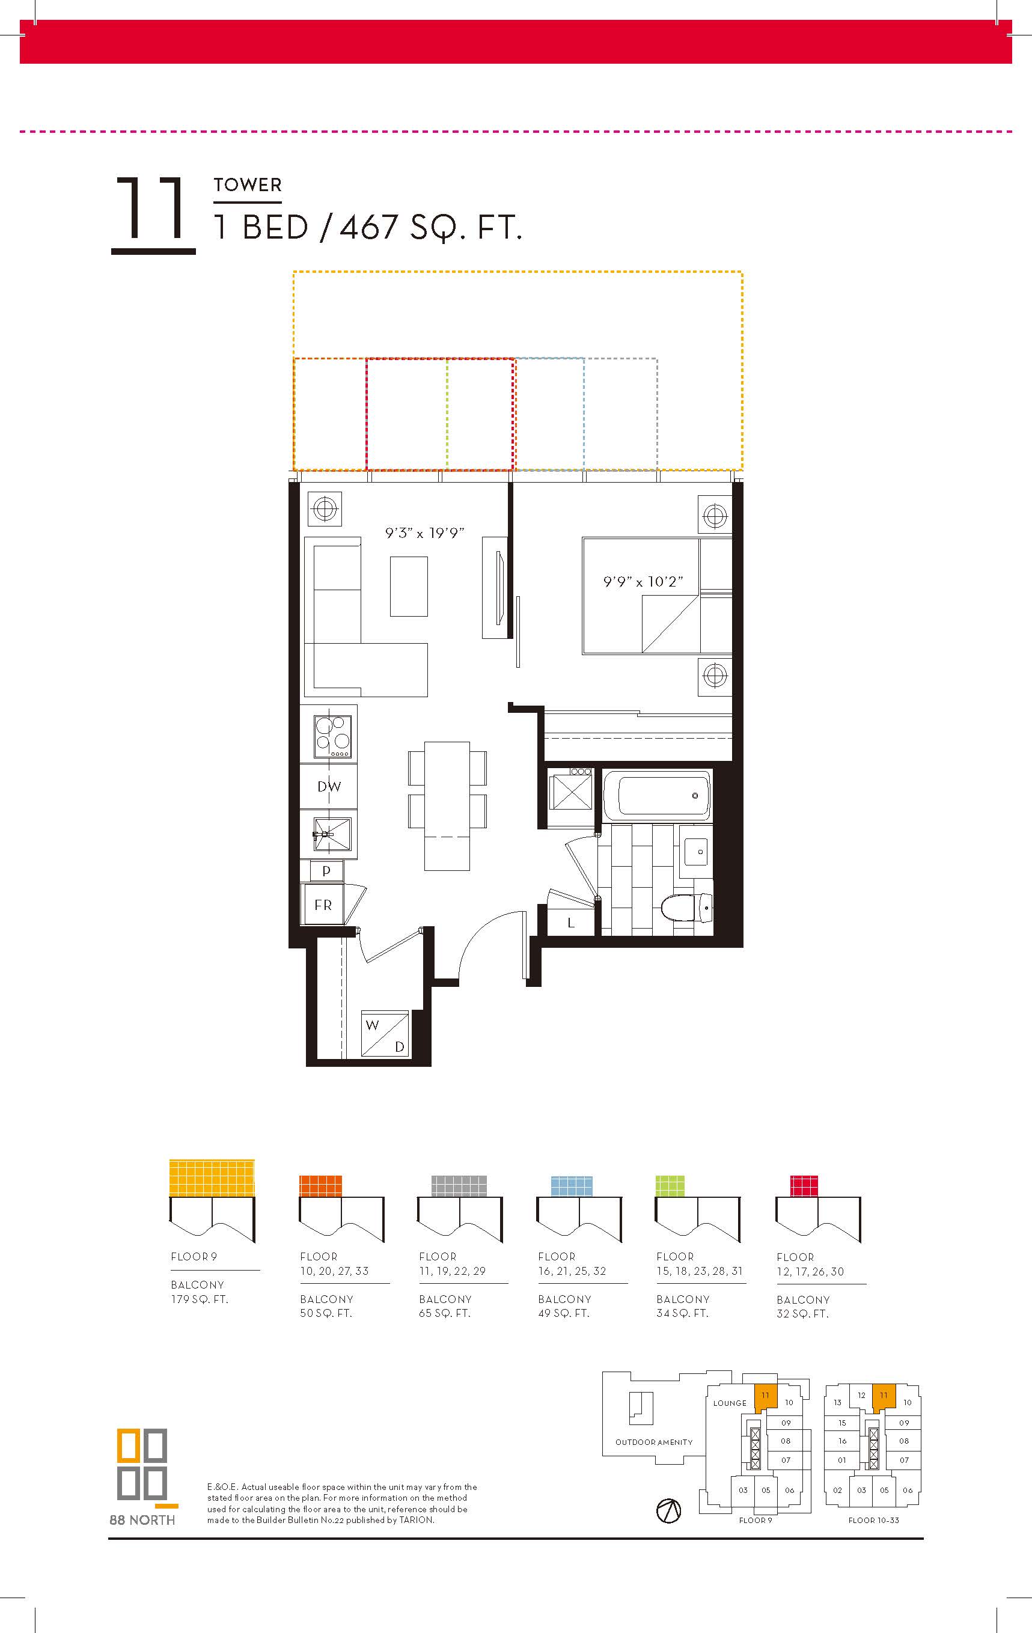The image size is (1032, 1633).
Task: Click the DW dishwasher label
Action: (x=329, y=787)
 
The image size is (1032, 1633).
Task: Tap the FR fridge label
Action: (x=323, y=905)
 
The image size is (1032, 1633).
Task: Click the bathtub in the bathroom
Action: (x=658, y=795)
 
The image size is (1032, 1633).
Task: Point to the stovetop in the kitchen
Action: (x=332, y=736)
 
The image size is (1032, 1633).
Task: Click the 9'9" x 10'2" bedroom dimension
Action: (x=643, y=581)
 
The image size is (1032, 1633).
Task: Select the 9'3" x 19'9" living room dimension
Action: (x=424, y=533)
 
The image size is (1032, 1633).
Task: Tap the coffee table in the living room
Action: (x=409, y=586)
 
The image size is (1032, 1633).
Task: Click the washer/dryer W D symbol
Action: (x=385, y=1034)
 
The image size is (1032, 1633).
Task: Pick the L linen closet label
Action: (x=571, y=923)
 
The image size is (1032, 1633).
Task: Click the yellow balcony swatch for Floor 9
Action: (x=212, y=1177)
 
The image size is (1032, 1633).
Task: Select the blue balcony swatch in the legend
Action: (x=572, y=1186)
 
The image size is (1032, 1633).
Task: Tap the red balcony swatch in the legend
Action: (x=804, y=1186)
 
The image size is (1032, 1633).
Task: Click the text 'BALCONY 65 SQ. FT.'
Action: (x=445, y=1305)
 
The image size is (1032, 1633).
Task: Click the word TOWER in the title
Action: (x=248, y=185)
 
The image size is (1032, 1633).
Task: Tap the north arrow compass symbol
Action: (x=668, y=1510)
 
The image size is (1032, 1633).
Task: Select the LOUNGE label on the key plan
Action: (x=730, y=1403)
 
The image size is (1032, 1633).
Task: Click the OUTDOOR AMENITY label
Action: (x=654, y=1442)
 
